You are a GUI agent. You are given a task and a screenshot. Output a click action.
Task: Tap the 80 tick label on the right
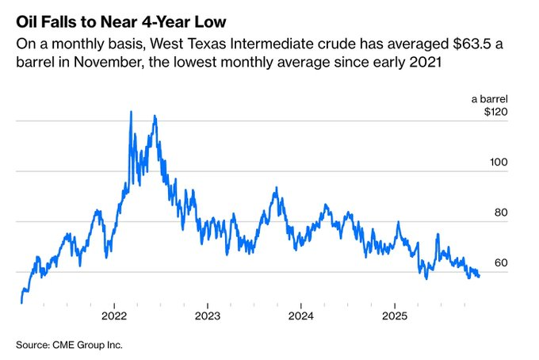(499, 213)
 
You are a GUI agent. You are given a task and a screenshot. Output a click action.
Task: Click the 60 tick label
(499, 263)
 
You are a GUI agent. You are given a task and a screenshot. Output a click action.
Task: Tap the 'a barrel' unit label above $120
(489, 99)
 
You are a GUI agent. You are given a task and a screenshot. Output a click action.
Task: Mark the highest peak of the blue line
(131, 112)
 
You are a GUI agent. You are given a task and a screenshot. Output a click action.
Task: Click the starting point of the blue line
(21, 302)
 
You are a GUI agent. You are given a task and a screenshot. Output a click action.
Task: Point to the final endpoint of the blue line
(479, 276)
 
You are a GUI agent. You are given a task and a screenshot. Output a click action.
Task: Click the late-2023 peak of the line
(276, 188)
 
